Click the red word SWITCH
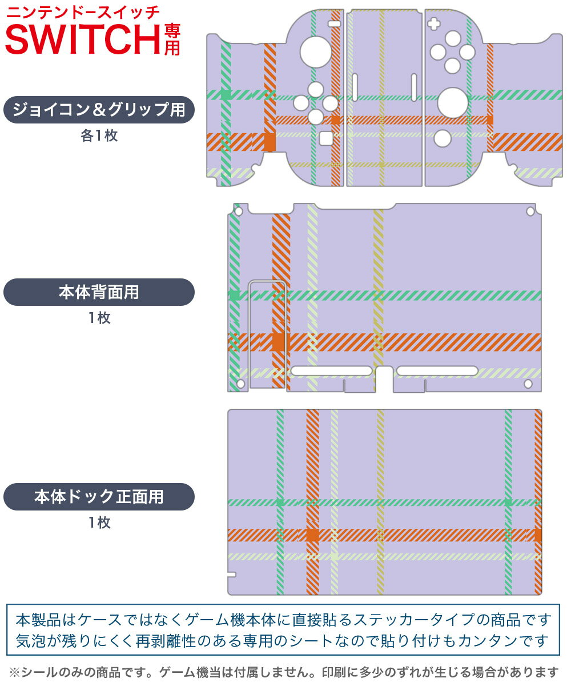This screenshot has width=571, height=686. point(83,39)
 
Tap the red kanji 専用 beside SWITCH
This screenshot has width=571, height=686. point(172,39)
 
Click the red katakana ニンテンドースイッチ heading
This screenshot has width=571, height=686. point(83,13)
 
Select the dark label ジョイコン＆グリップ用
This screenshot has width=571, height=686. point(99,110)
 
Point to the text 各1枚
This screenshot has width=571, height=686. point(99,135)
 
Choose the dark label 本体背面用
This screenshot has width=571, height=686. point(99,292)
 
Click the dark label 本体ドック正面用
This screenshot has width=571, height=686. point(99,496)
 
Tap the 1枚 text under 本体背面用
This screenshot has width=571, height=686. point(99,318)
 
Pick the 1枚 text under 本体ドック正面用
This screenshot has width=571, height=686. point(99,522)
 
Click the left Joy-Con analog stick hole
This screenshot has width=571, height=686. point(316,52)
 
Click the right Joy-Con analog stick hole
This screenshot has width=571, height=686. point(453,103)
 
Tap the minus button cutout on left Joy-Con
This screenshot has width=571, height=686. point(335,23)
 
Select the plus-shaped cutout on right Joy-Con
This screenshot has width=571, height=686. point(433,23)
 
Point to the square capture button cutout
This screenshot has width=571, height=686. point(326,138)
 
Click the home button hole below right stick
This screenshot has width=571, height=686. point(443,138)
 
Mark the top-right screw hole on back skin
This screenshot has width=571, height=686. point(530,212)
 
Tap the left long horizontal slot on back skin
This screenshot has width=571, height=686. point(331,370)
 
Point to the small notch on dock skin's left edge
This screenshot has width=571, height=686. point(232,575)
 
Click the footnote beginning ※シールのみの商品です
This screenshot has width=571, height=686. point(284,672)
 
